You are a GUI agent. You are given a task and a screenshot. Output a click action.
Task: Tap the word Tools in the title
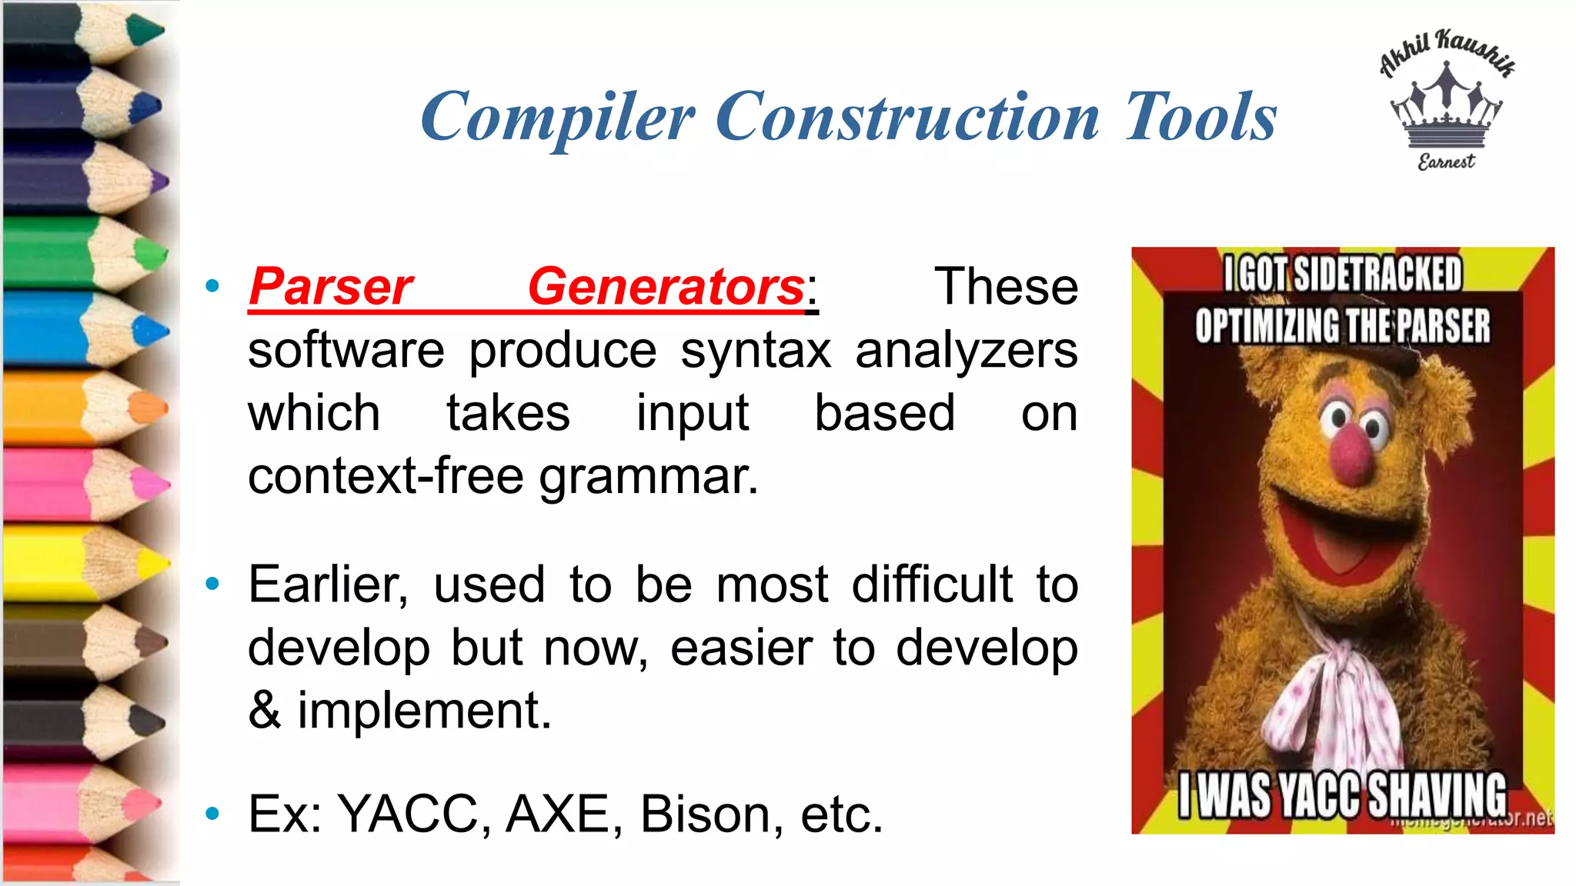[x=1200, y=117]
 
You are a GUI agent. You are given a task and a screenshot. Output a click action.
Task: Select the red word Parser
[x=331, y=287]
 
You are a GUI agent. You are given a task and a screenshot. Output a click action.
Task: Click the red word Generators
[x=666, y=287]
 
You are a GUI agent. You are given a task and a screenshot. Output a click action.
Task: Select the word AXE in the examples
[x=557, y=814]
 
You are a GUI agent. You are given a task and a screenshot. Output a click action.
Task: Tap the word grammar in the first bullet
[x=648, y=477]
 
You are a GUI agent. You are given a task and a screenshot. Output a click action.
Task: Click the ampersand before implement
[x=264, y=711]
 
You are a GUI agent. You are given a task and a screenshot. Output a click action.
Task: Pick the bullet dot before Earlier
[x=213, y=585]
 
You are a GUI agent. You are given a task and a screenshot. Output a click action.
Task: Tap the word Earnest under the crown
[x=1447, y=162]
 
